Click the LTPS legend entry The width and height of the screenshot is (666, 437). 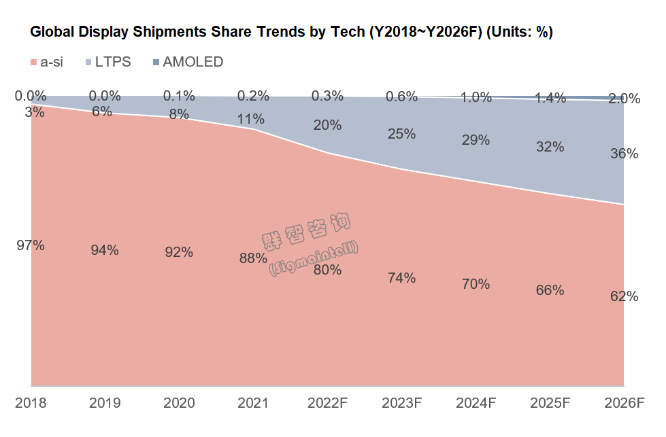[x=107, y=62]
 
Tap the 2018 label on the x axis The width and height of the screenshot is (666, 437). [x=31, y=402]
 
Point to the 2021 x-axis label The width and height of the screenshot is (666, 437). [x=253, y=402]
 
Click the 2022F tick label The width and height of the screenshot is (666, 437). [x=327, y=402]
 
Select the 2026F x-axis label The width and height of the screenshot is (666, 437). [x=624, y=402]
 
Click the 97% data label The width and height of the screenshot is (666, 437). [x=31, y=245]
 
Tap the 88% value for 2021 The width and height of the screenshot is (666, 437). [x=253, y=258]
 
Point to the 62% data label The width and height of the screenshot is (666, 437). [x=624, y=296]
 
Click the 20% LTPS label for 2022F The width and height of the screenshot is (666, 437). [x=327, y=124]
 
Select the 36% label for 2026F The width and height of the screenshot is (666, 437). [x=624, y=154]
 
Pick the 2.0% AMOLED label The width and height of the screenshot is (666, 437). [x=624, y=99]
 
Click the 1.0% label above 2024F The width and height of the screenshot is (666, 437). [x=476, y=97]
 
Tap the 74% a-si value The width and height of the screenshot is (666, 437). [x=401, y=277]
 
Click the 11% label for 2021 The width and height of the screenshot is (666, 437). [x=250, y=119]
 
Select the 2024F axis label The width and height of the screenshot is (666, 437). [x=476, y=402]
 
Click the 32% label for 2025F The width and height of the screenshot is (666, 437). [x=550, y=146]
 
